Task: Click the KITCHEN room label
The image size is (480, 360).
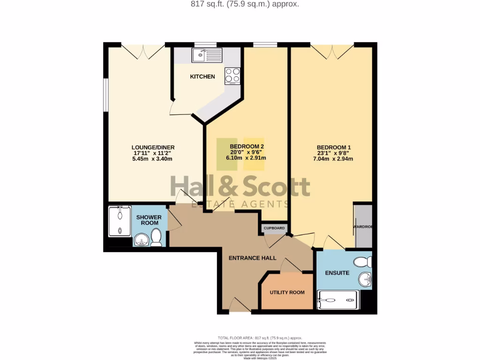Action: tap(202, 76)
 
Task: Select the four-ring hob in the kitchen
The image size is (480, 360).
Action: tap(232, 75)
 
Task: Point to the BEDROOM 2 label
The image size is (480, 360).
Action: tap(247, 147)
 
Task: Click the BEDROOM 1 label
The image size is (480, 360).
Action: tap(334, 147)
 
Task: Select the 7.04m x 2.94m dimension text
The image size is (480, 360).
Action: tap(334, 158)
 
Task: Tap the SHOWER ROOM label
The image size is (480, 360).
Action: tap(149, 220)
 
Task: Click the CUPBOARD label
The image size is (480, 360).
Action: tap(274, 228)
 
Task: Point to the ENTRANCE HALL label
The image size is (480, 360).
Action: tap(252, 258)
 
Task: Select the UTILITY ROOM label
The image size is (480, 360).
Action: tap(287, 292)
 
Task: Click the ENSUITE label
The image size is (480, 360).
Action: tap(338, 272)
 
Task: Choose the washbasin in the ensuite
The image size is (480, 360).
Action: tap(365, 280)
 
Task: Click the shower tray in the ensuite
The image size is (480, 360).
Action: tap(337, 300)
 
